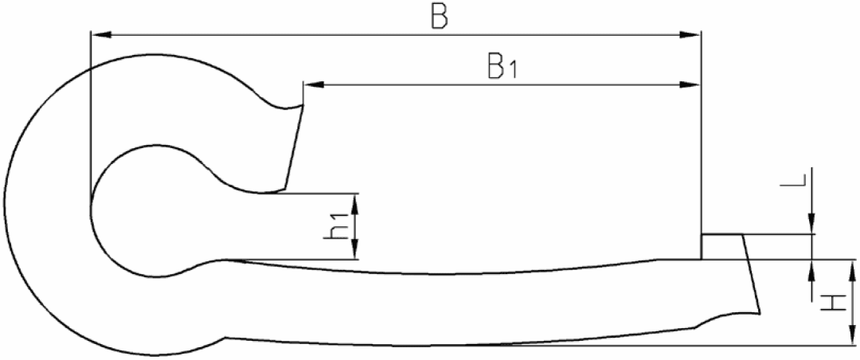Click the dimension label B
[x=440, y=17]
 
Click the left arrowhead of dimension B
[x=101, y=35]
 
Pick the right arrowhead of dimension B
[x=690, y=35]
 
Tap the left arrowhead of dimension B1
[x=315, y=85]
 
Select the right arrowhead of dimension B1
[x=690, y=85]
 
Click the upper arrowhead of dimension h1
[x=355, y=205]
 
